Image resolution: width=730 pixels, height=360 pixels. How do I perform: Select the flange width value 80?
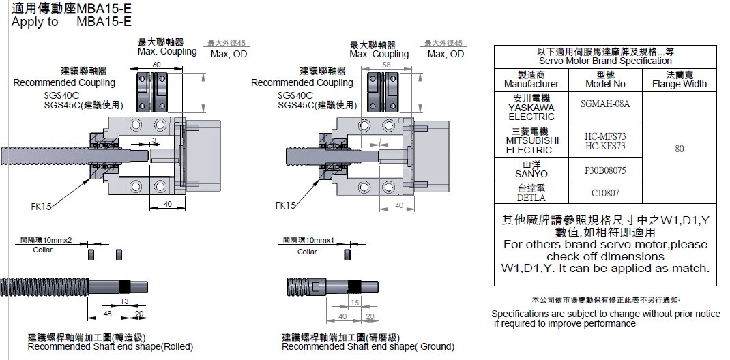pos(679,149)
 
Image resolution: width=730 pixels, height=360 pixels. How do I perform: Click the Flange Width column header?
pos(679,79)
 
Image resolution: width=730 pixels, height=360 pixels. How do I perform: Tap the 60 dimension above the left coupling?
pos(157,65)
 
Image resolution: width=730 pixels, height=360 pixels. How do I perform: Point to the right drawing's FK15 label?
pos(285,205)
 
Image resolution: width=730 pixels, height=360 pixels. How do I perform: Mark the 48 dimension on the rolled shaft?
pos(108,314)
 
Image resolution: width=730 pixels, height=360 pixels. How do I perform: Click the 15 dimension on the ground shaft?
pos(354,301)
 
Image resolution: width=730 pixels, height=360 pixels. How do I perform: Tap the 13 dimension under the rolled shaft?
pos(123,301)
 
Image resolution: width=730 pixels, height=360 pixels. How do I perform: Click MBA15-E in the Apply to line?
pos(104,22)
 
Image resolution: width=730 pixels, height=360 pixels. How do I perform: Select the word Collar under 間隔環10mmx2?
pos(43,250)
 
